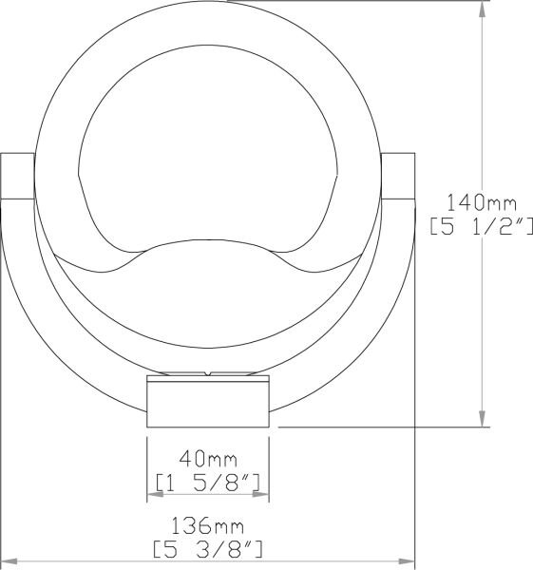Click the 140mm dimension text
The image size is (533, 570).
pos(481,203)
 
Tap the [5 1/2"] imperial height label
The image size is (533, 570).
pos(482,226)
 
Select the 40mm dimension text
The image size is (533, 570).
pos(208,459)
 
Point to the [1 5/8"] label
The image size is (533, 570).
pos(208,483)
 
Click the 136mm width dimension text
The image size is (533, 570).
pos(207,525)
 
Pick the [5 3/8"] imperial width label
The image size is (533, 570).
pos(208,549)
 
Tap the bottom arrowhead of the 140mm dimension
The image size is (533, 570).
pos(482,419)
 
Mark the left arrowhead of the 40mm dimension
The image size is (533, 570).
pos(155,494)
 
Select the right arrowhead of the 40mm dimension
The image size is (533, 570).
pos(260,494)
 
